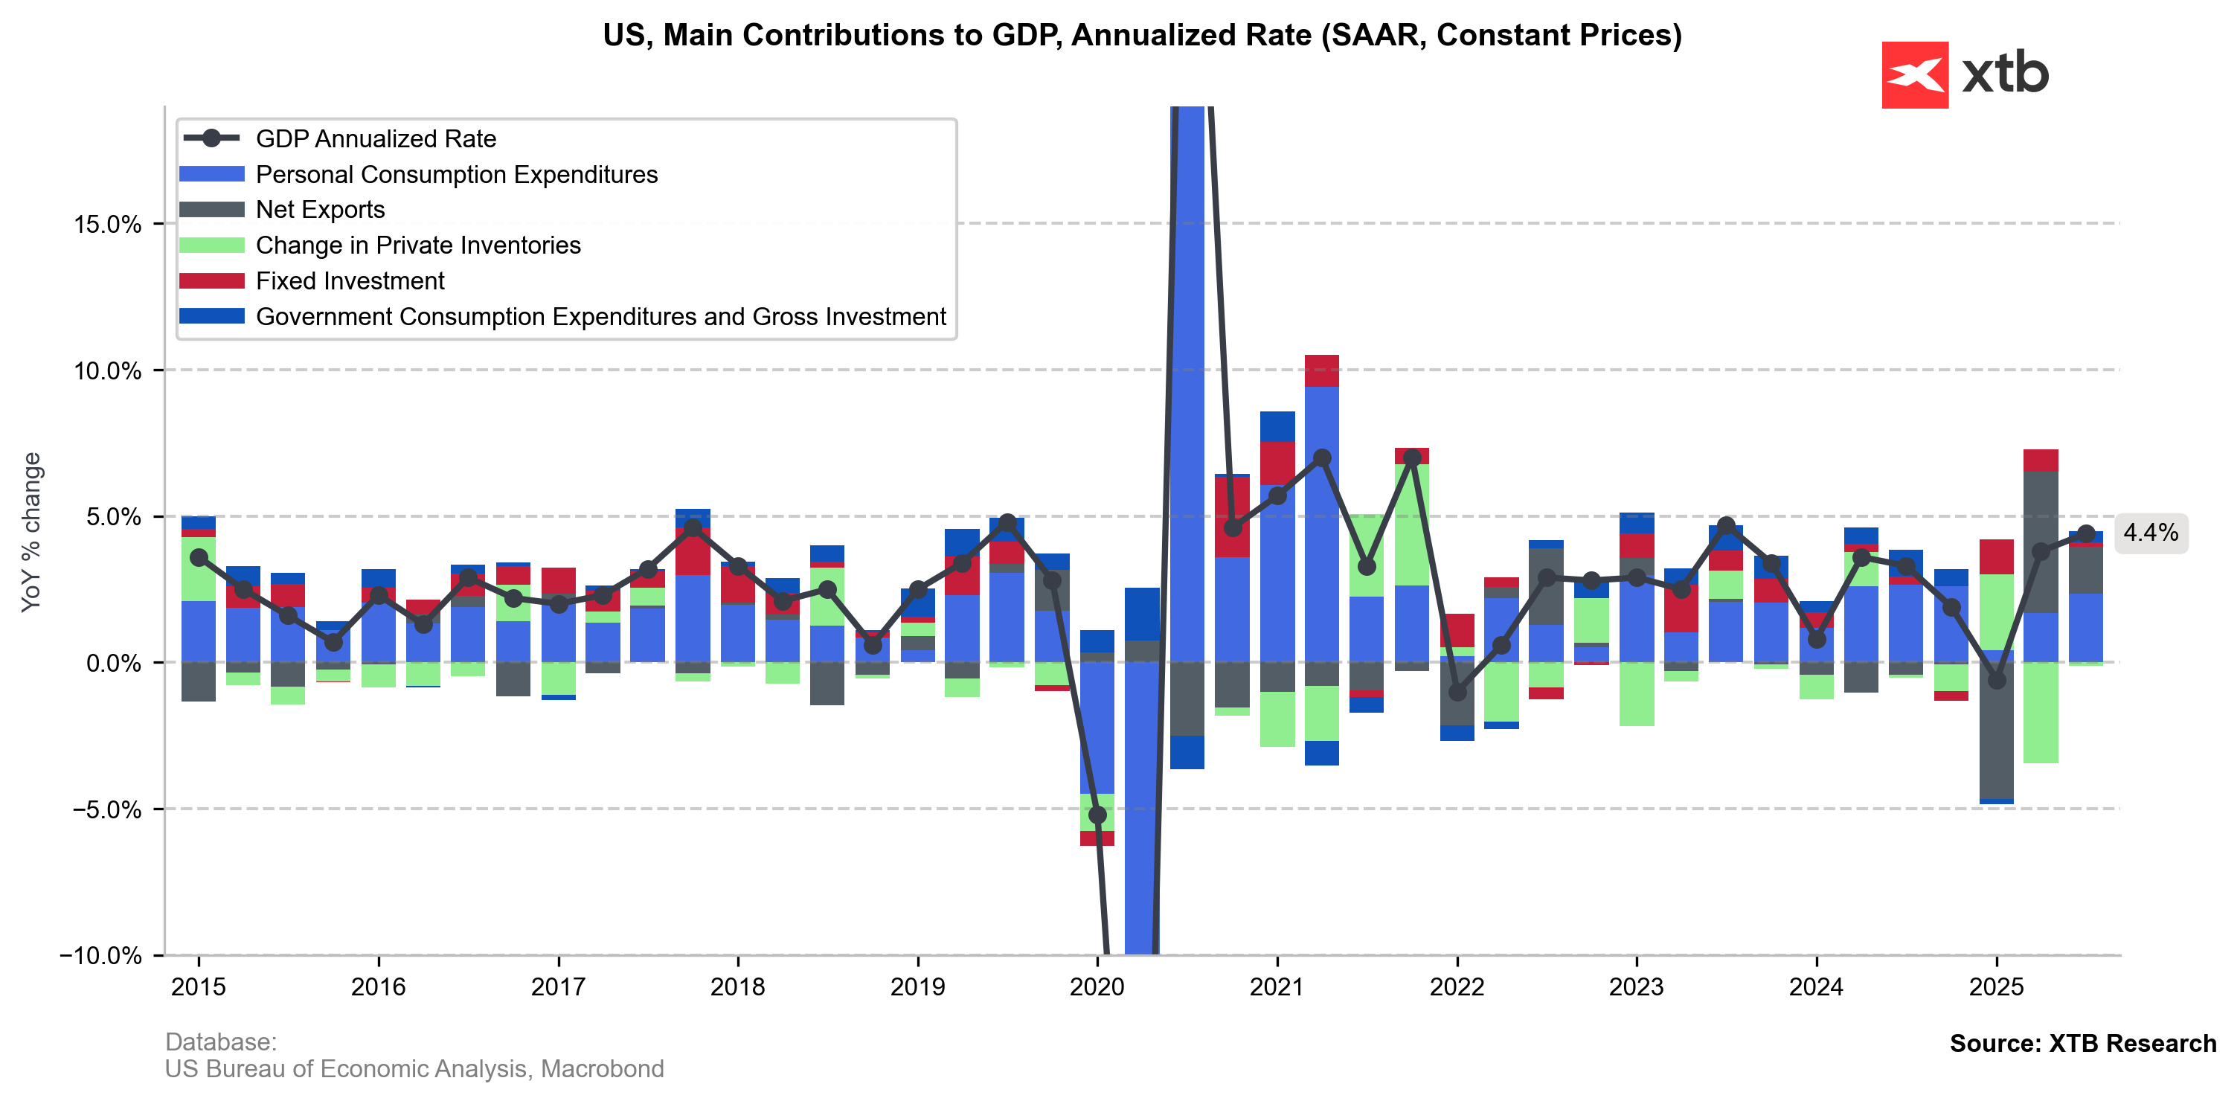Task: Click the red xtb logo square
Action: click(1914, 74)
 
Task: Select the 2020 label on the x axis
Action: click(1097, 987)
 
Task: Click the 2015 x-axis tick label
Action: click(199, 987)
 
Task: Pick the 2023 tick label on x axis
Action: click(1636, 987)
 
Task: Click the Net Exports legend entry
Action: click(320, 210)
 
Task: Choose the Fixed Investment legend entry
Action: click(350, 280)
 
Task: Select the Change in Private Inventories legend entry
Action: click(417, 245)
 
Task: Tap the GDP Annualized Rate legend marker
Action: click(211, 138)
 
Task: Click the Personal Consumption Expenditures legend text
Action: click(457, 175)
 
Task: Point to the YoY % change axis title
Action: click(31, 532)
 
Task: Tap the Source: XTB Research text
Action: click(2082, 1043)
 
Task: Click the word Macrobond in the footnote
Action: click(602, 1068)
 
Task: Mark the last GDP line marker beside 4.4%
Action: click(2085, 533)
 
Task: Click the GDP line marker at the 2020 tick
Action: click(1097, 815)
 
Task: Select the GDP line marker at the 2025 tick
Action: click(1997, 680)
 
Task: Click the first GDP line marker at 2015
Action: click(199, 557)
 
